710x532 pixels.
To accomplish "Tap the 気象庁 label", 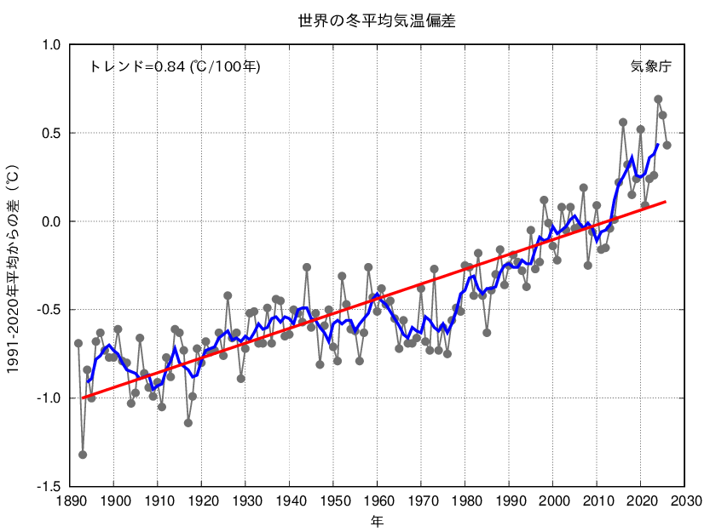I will click(x=650, y=66).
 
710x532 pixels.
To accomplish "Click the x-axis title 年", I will click(x=377, y=519).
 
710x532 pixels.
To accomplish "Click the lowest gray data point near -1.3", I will click(x=83, y=455).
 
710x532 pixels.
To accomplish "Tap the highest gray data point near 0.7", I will click(x=658, y=100).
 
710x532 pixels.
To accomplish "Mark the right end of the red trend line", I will click(x=666, y=202).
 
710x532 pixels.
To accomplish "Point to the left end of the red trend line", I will click(x=83, y=398).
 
